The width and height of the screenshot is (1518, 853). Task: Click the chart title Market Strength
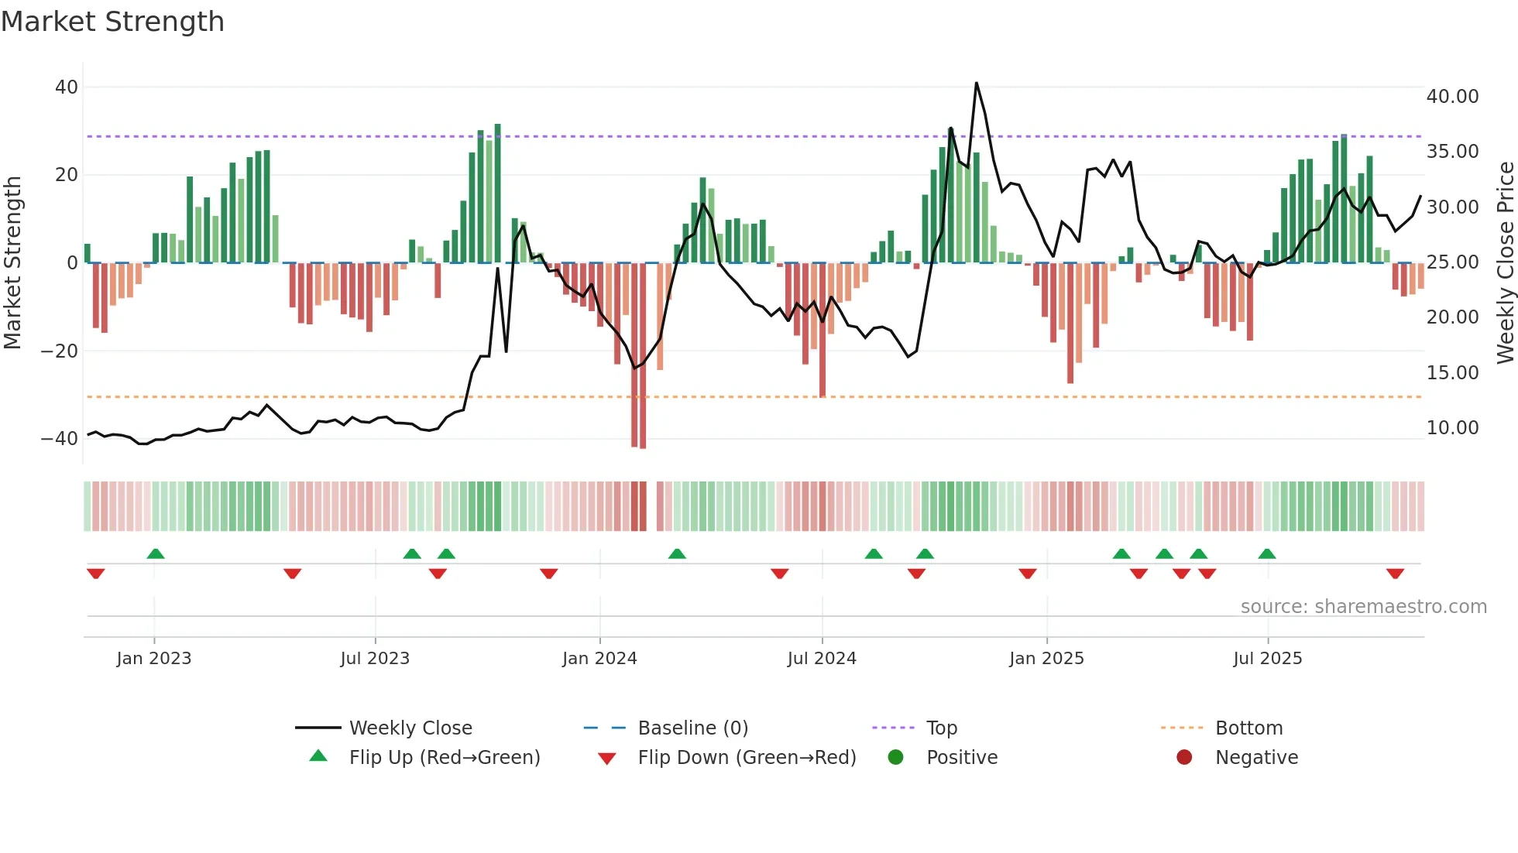(112, 22)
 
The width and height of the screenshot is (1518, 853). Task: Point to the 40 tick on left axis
(67, 87)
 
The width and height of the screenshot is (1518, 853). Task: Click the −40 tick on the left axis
(60, 439)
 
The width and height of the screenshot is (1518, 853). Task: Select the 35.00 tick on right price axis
(1452, 152)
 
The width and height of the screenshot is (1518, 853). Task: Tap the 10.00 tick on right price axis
(1452, 428)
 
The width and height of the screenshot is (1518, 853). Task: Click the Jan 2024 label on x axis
(599, 659)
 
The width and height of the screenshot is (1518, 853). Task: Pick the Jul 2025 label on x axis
(1267, 659)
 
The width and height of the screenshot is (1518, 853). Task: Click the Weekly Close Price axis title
(1505, 262)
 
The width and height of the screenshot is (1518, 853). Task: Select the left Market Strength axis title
(13, 262)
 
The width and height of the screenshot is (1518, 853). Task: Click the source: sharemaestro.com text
(1363, 607)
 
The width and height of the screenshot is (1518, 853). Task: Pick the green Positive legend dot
(896, 758)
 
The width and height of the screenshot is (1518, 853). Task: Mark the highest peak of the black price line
(976, 84)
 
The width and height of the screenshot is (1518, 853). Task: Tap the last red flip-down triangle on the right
(1395, 574)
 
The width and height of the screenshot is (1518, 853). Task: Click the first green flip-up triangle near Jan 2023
(156, 553)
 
